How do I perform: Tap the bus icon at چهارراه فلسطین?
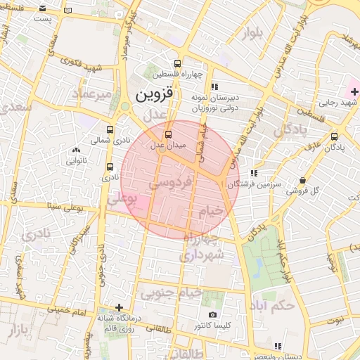coord(185,62)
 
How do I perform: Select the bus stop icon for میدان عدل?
coord(167,134)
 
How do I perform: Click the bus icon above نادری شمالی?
coord(109,129)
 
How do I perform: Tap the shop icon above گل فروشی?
coord(302,180)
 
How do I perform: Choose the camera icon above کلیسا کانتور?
coord(212,315)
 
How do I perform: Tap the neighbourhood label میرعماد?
coord(92,94)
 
